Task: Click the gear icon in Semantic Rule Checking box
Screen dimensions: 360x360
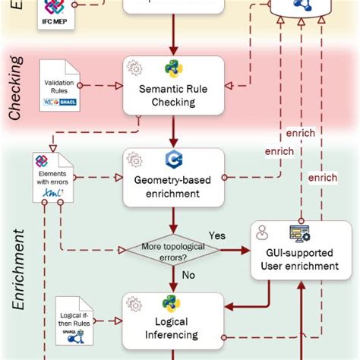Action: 136,68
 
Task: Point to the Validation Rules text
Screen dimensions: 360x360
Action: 58,85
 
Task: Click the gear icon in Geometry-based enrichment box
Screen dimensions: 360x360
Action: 136,160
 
